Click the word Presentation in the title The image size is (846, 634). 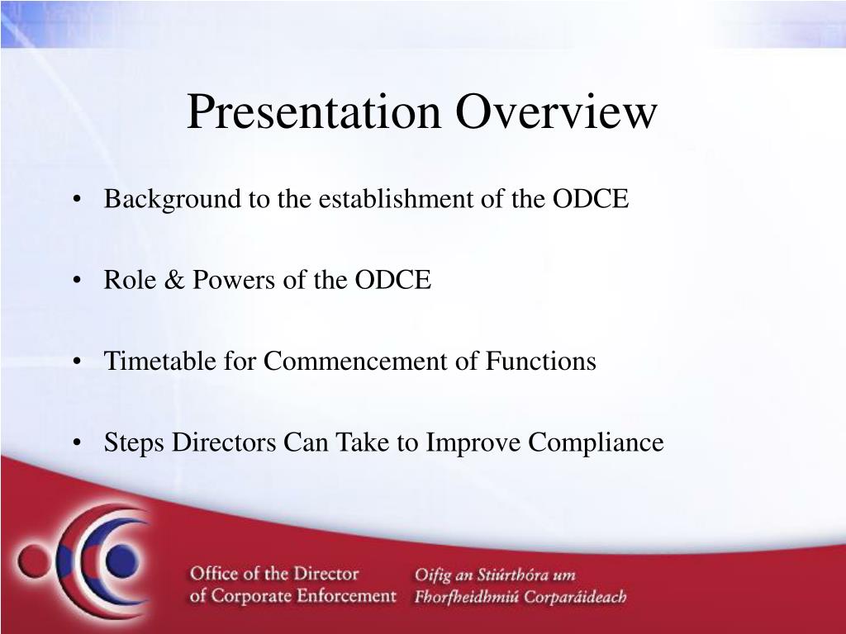point(314,111)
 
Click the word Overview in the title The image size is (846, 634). point(556,111)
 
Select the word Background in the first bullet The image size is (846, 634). point(173,200)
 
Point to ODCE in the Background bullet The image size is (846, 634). point(590,198)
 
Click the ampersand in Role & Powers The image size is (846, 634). point(174,280)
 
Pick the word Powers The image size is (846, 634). point(234,280)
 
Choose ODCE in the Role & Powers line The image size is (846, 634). point(392,280)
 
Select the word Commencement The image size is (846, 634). point(355,361)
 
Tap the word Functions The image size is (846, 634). point(540,361)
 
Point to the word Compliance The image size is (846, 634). point(596,443)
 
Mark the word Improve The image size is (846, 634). point(473,443)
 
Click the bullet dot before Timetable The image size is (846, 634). point(77,362)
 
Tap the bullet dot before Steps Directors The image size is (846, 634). point(77,443)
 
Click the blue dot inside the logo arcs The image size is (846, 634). point(122,561)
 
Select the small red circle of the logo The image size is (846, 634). point(34,561)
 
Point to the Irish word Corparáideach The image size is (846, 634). point(575,598)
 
